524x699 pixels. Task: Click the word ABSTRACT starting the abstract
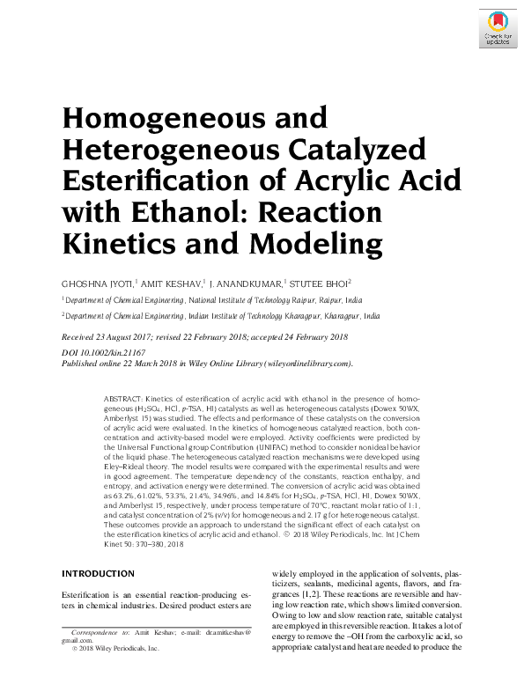tap(122, 399)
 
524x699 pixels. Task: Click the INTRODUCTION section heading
tap(97, 572)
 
